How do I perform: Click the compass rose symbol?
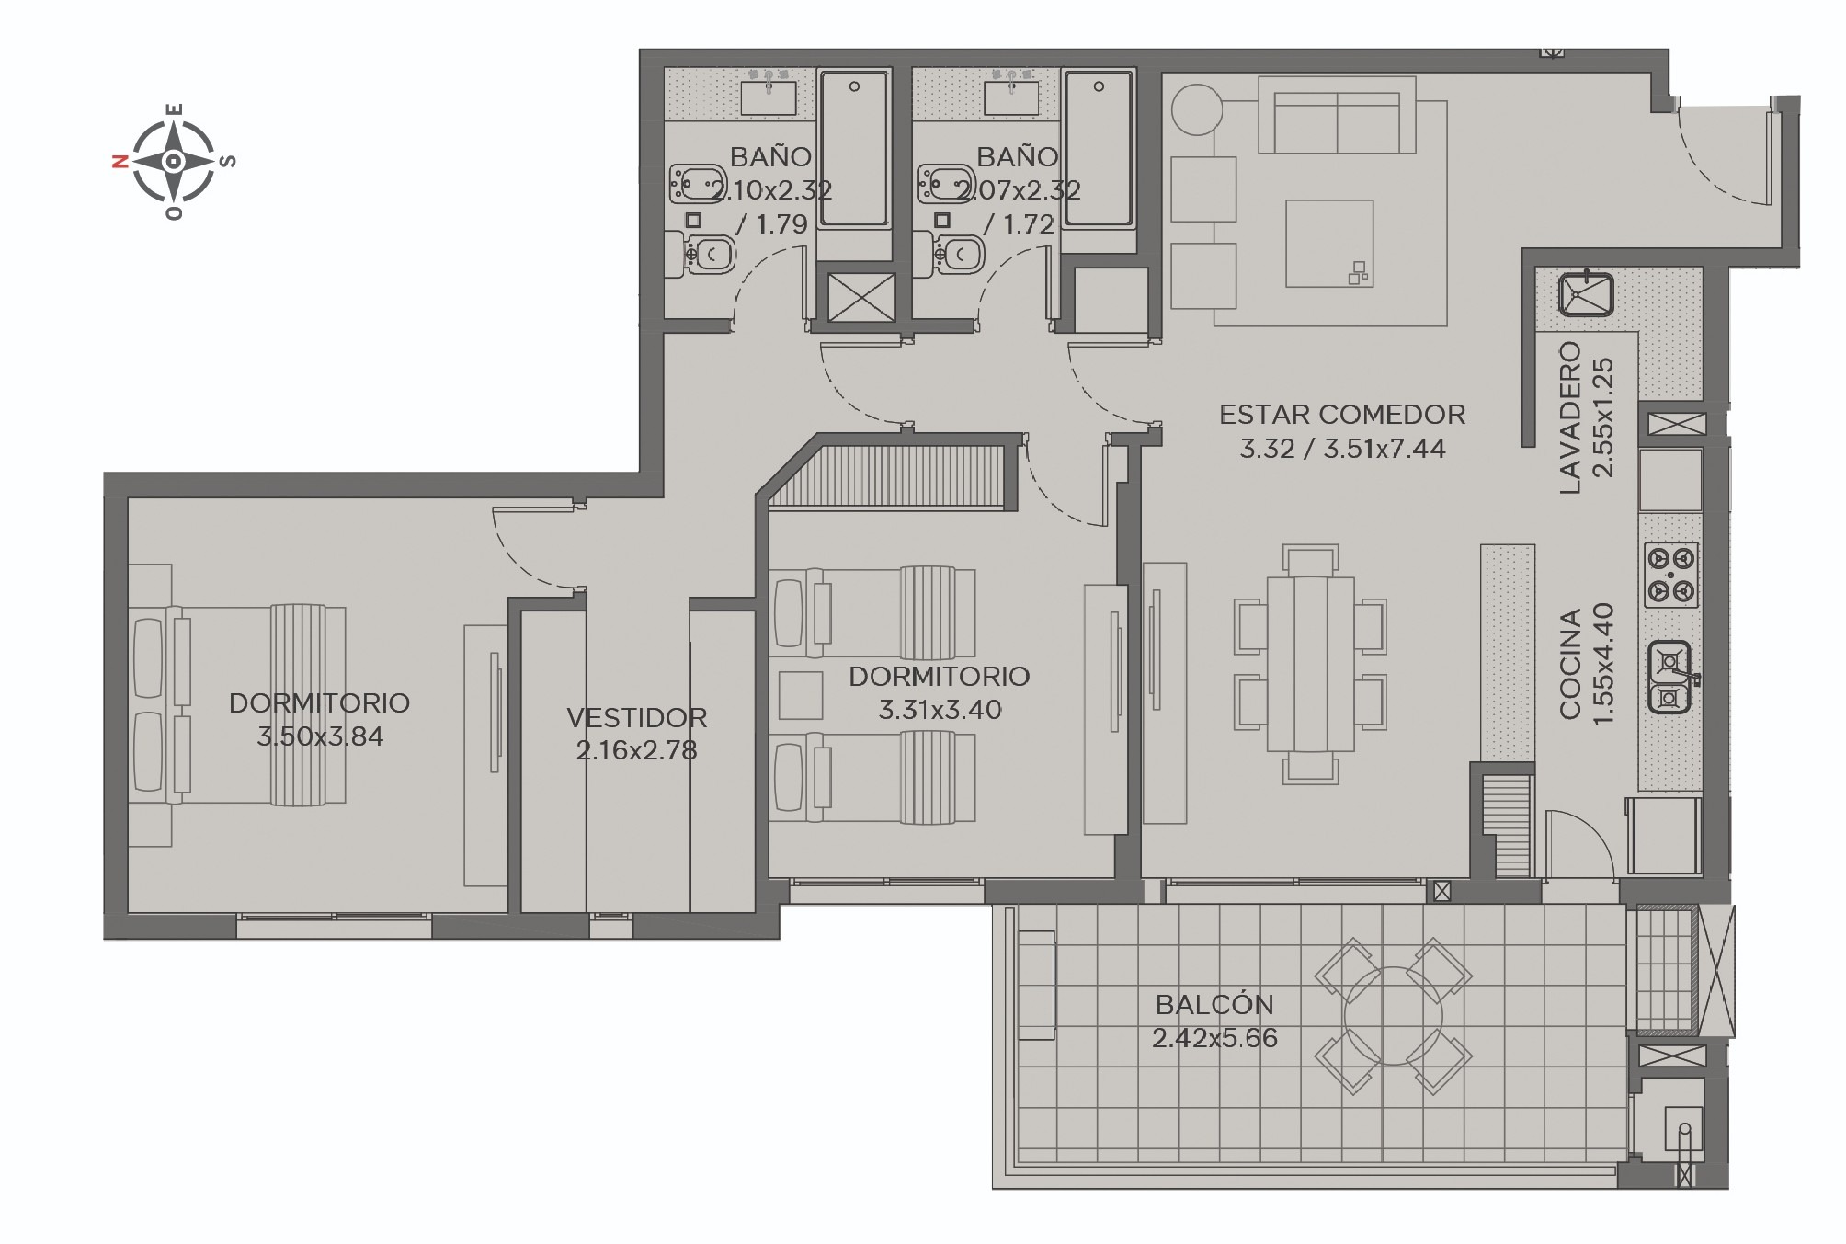[174, 162]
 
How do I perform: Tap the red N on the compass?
[120, 162]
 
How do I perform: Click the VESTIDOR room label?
[636, 717]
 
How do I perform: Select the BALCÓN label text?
[1214, 1004]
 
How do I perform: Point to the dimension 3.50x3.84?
[320, 736]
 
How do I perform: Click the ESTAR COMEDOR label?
[1342, 415]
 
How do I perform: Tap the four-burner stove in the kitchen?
[1670, 575]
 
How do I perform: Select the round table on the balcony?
[1394, 1016]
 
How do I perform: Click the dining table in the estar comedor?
[1310, 664]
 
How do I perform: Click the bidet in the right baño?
[948, 184]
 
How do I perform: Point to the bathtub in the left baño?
[854, 149]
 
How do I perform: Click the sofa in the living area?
[1337, 114]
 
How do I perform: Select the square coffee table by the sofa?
[1329, 244]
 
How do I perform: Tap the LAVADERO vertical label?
[1570, 417]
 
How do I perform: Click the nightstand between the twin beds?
[800, 695]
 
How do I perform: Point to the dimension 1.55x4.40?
[1602, 663]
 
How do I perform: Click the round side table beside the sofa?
[1197, 110]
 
